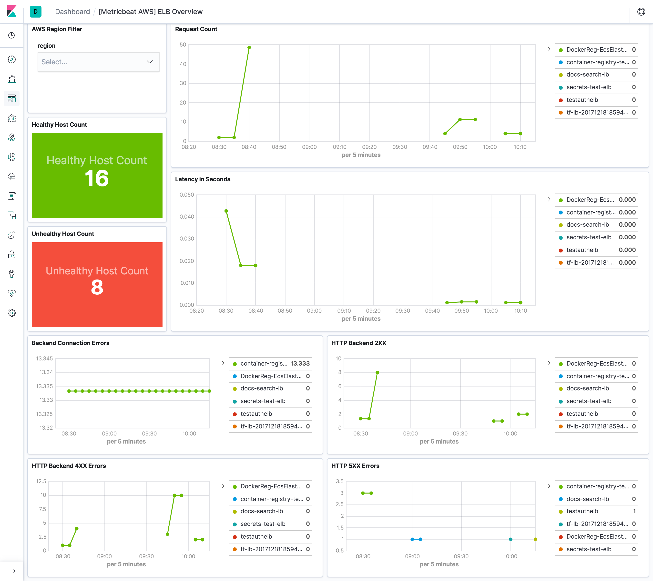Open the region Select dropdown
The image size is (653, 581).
tap(98, 62)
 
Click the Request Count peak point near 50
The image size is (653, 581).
tap(249, 48)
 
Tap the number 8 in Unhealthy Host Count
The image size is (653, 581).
tap(97, 287)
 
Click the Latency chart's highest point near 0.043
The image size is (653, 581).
tap(226, 211)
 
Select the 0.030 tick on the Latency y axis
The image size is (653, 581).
tap(187, 239)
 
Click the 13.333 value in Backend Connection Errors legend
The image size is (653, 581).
tap(300, 364)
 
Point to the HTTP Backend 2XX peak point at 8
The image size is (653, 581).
tap(377, 373)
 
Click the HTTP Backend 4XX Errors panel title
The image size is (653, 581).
tap(69, 466)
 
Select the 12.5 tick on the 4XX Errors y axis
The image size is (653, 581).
tap(41, 481)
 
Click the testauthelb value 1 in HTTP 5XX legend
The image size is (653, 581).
tap(634, 511)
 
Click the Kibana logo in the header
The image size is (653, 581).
tap(12, 11)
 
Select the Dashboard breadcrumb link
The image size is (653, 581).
tap(72, 12)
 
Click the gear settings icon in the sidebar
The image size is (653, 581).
tap(12, 313)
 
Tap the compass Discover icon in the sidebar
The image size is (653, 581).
tap(12, 59)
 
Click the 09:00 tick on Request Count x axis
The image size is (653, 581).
tap(309, 147)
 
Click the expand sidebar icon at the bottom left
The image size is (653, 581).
tap(12, 571)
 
